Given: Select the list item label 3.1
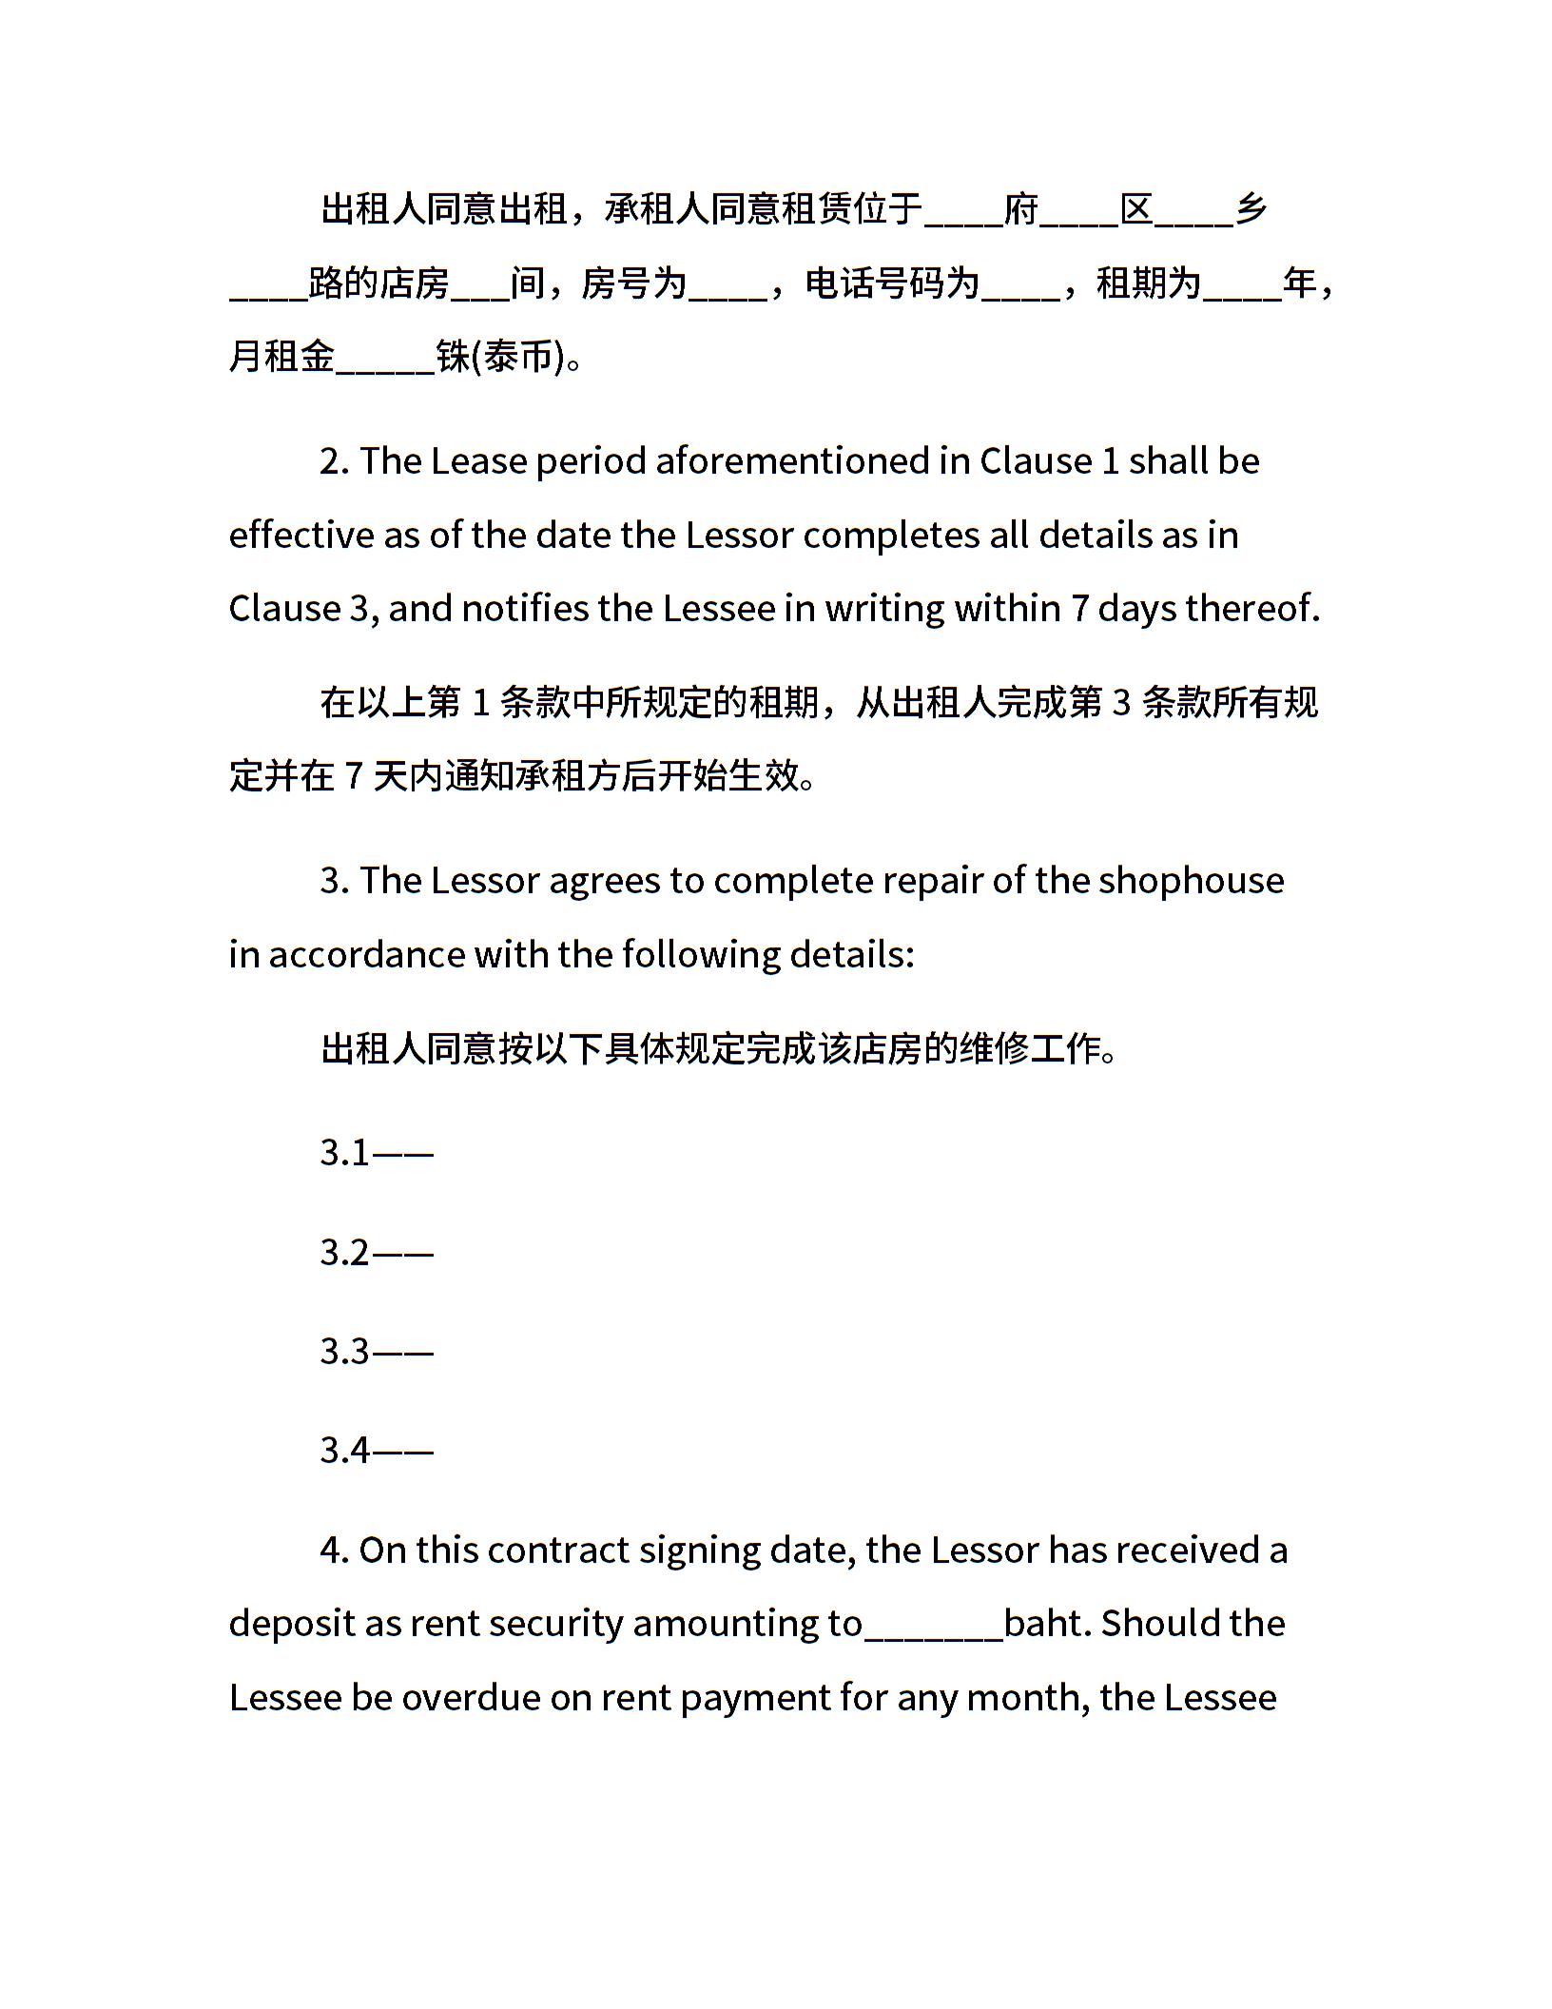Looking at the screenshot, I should click(x=344, y=1153).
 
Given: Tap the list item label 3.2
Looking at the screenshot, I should click(x=344, y=1253).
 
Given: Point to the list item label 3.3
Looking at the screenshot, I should click(x=344, y=1352).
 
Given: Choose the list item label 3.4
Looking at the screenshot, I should click(x=344, y=1451).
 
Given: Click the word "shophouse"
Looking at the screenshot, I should click(x=1191, y=881).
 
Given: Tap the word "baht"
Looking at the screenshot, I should click(x=1046, y=1623).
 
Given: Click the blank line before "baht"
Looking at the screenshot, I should click(x=933, y=1629).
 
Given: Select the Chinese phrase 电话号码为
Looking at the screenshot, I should click(x=892, y=283).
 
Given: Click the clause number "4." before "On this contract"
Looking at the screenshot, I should click(x=335, y=1551).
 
